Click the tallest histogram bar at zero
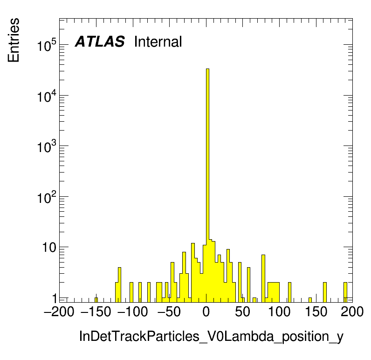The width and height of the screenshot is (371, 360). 207,185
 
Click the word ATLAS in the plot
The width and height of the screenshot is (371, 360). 100,42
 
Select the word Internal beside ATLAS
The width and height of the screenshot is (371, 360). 158,42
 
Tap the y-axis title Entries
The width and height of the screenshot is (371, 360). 14,40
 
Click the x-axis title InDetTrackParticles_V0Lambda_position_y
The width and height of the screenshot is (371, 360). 211,337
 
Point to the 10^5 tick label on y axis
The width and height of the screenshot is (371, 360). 47,45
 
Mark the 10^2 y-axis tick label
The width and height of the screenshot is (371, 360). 47,197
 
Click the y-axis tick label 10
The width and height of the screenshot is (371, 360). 49,248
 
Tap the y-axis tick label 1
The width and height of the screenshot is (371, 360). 55,298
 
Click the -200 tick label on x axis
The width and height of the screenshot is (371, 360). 59,312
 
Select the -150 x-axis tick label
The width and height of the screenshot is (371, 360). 96,312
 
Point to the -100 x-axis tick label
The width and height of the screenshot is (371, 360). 132,312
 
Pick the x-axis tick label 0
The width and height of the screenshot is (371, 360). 206,312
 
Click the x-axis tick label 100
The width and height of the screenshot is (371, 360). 279,312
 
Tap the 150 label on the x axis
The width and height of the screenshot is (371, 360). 316,312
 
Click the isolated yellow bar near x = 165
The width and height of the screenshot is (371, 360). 325,292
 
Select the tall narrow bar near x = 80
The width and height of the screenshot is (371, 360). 263,278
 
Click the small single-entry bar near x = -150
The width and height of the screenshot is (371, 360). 96,300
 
